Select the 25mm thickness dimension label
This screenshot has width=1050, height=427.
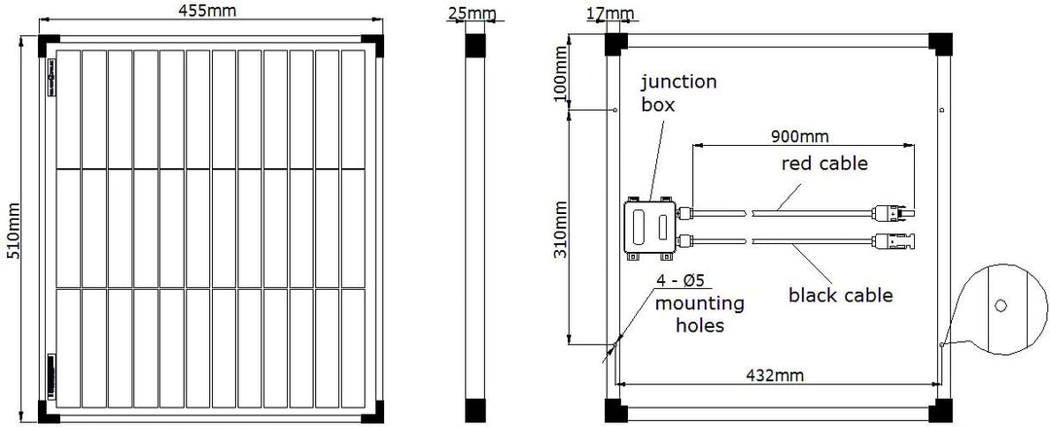tap(474, 14)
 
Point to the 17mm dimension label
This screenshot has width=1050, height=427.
tap(610, 13)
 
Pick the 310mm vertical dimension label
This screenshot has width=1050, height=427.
tap(561, 230)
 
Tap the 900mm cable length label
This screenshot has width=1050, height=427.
tap(799, 137)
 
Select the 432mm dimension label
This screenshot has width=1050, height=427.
tap(775, 374)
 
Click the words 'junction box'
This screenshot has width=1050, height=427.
tap(679, 93)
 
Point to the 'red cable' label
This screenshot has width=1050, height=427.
tap(824, 162)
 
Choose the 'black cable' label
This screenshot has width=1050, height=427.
tap(840, 295)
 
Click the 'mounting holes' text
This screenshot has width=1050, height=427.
tap(700, 314)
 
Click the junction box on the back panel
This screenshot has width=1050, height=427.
tap(650, 228)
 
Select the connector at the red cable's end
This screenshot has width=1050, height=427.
tap(893, 214)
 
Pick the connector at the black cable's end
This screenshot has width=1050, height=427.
tap(893, 239)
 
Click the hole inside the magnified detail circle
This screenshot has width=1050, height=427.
tap(1000, 305)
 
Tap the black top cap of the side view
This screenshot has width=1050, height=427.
tap(474, 45)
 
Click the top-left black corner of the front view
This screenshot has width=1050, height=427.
tap(49, 46)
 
